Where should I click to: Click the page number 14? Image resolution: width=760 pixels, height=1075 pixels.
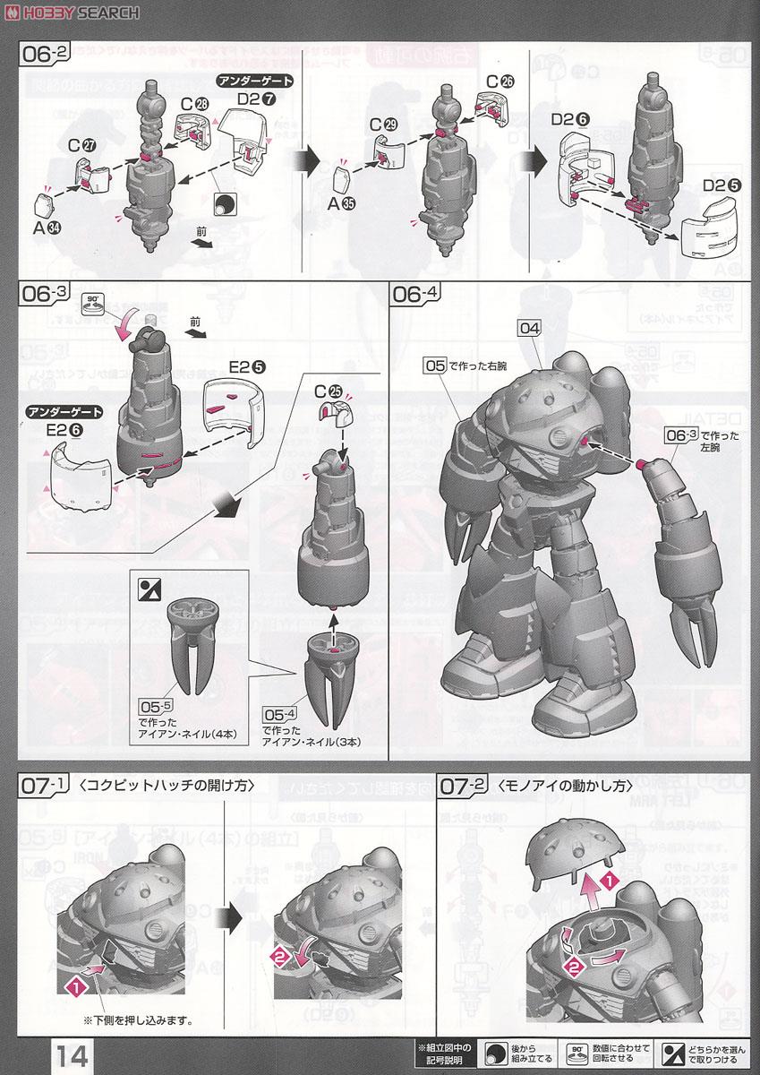73,1054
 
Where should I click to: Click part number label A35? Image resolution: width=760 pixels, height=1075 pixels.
341,202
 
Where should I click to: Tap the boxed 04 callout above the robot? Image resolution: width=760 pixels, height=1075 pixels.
529,329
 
